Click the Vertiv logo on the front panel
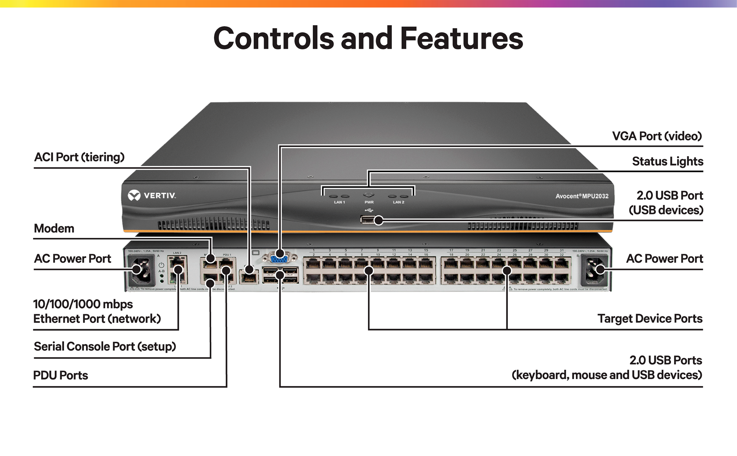(152, 195)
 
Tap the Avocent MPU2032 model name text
(581, 196)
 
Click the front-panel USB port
(367, 220)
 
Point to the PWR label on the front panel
(369, 202)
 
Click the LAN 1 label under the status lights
(339, 202)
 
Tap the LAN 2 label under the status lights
(398, 202)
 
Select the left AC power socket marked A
(141, 270)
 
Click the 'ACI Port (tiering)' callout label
(79, 157)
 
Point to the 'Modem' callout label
(54, 228)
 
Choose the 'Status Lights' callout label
(668, 161)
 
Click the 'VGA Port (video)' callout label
(657, 136)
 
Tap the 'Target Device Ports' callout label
(650, 318)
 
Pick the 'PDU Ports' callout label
(60, 375)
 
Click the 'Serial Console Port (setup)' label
(104, 346)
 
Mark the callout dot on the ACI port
(249, 269)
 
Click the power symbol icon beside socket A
(162, 265)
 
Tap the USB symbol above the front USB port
(369, 210)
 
